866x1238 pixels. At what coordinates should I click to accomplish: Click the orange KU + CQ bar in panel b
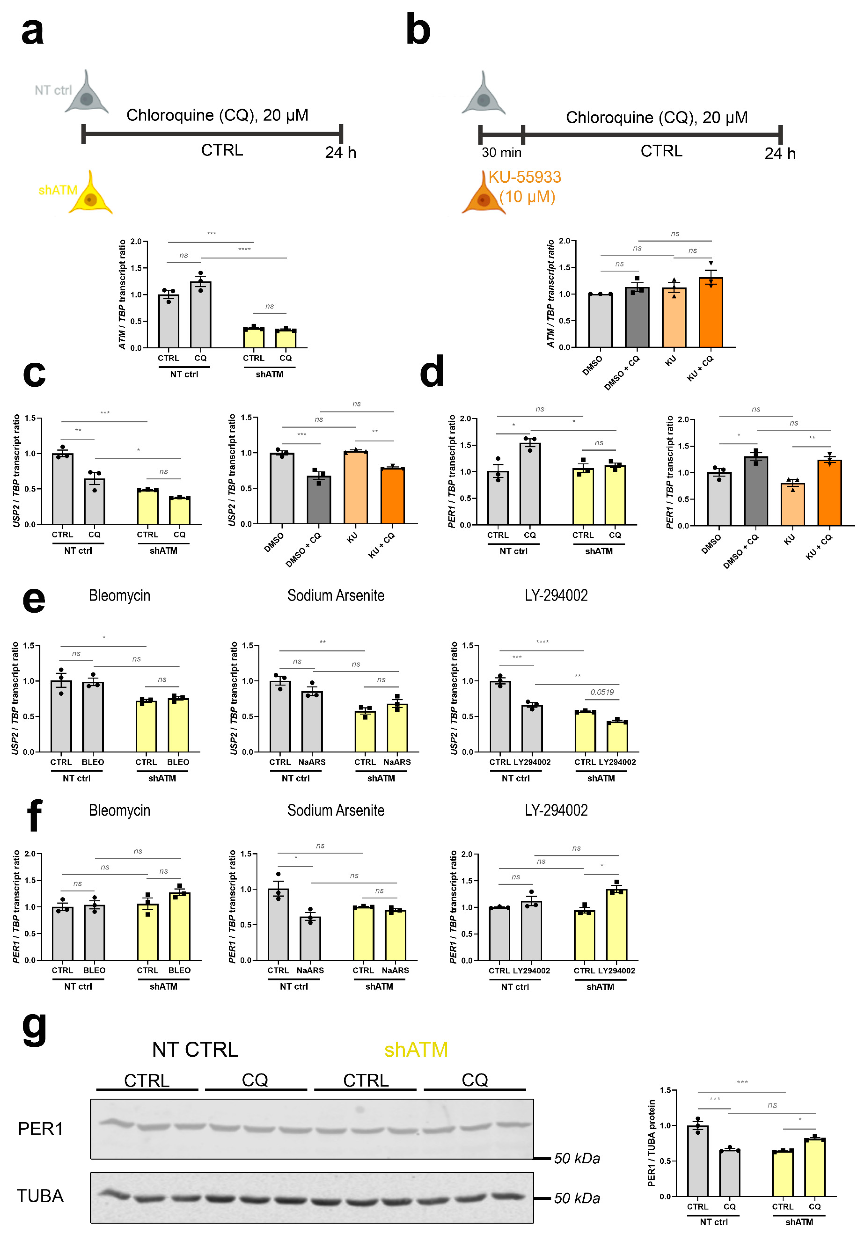pyautogui.click(x=711, y=313)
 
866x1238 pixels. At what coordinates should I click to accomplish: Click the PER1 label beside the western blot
pyautogui.click(x=40, y=1129)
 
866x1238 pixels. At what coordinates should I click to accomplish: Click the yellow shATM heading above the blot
pyautogui.click(x=416, y=1050)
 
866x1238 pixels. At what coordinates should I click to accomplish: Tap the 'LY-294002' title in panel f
pyautogui.click(x=556, y=810)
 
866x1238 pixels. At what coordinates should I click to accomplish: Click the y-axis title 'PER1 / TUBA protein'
pyautogui.click(x=652, y=1143)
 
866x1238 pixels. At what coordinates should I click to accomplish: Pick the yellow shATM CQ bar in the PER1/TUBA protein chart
pyautogui.click(x=814, y=1167)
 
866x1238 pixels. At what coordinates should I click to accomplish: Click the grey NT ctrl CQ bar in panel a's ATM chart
pyautogui.click(x=200, y=315)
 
